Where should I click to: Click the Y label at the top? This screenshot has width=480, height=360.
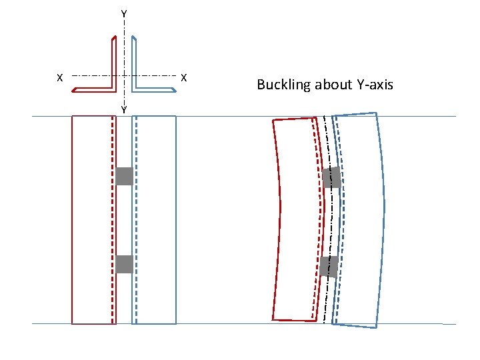124,13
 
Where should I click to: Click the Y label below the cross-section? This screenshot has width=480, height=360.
124,109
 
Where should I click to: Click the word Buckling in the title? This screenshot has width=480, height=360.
283,85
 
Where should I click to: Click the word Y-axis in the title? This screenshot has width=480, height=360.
371,85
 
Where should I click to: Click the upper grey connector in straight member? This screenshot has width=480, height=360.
124,176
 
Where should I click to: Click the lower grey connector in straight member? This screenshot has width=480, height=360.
124,264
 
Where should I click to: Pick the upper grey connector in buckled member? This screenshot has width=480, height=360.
332,177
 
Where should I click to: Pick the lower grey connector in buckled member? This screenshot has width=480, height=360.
329,266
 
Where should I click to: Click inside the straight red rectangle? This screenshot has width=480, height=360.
91,220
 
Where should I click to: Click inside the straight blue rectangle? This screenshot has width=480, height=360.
157,220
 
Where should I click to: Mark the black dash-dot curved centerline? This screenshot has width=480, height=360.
331,220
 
